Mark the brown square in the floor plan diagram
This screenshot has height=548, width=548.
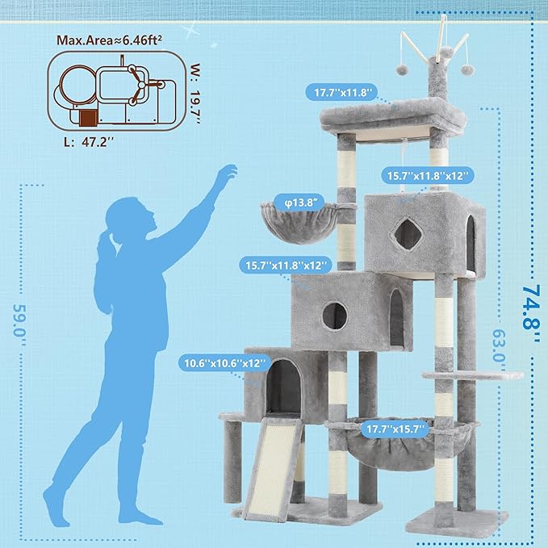coord(88,119)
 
